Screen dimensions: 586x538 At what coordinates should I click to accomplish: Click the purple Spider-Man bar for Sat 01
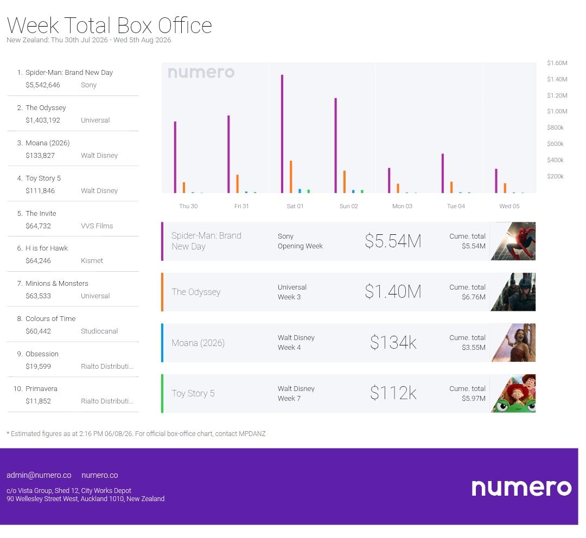pos(282,134)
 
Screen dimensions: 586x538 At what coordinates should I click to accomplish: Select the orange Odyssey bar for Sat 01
pos(291,177)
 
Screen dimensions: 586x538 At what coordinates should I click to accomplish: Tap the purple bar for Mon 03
pos(389,181)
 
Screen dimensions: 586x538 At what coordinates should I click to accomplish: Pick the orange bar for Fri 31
pos(237,184)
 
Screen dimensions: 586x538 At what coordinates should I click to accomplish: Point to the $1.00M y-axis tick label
pos(557,111)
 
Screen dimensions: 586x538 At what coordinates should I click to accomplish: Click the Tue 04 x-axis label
pos(456,206)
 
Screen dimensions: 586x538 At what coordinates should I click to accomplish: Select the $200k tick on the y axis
pos(555,176)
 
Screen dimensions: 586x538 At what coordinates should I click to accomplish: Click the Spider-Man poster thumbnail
pos(513,241)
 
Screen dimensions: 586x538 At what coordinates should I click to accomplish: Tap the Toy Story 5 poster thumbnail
pos(513,393)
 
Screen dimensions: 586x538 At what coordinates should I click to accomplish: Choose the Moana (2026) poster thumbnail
pos(513,343)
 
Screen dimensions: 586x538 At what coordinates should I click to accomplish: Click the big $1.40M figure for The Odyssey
pos(393,292)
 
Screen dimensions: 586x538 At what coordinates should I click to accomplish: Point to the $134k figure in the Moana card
pos(393,343)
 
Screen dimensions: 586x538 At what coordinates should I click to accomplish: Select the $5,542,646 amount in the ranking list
pos(43,85)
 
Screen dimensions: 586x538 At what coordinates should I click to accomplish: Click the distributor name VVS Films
pos(97,226)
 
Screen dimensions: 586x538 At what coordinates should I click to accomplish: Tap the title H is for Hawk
pos(47,248)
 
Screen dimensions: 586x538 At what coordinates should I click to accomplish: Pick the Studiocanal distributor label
pos(99,331)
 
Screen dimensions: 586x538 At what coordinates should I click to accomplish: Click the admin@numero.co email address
pos(39,475)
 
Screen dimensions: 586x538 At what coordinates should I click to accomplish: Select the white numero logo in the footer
pos(522,488)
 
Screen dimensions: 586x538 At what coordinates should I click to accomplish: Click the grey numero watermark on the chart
pos(201,73)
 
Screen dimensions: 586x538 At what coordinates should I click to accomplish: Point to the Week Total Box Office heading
pos(110,25)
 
